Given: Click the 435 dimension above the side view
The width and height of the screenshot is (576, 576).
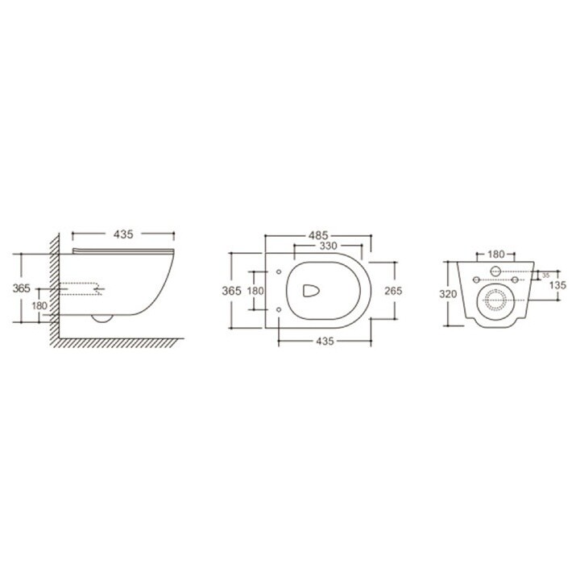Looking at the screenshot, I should (122, 234).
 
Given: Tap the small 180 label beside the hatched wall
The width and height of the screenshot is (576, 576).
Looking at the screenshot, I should (39, 306).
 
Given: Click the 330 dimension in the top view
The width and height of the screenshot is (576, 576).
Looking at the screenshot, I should (327, 246).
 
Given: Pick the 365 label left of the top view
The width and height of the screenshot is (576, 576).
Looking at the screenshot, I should (232, 290).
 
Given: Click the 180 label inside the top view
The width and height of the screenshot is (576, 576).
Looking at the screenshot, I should (255, 290).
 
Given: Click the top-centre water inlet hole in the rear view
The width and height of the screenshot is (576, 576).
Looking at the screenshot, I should (495, 269).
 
